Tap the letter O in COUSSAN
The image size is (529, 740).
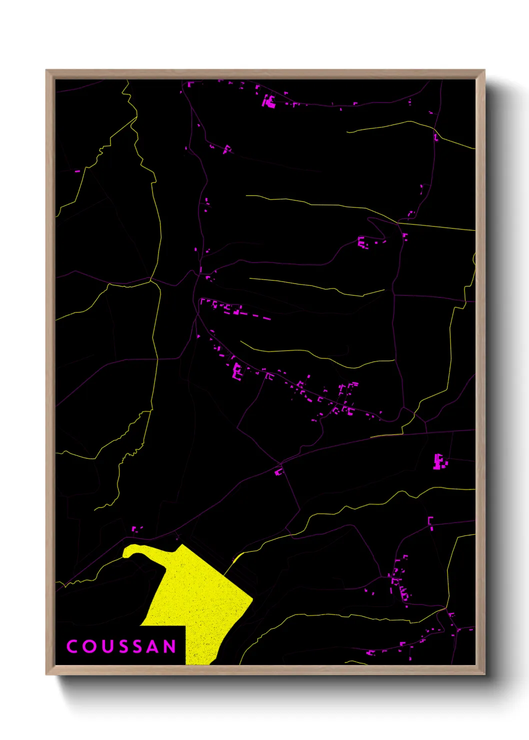(x=90, y=646)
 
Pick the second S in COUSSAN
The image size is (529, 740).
(x=140, y=646)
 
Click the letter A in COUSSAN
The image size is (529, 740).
(x=155, y=646)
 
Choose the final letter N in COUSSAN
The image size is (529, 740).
(x=170, y=646)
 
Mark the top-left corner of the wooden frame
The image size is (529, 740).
(x=46, y=70)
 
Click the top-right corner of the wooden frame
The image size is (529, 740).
(x=484, y=70)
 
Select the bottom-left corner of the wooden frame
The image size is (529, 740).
(x=46, y=674)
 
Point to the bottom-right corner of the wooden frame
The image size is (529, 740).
(x=484, y=674)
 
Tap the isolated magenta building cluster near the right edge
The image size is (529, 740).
(x=439, y=462)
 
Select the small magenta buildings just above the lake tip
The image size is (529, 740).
(x=135, y=528)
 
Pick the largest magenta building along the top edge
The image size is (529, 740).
(x=270, y=102)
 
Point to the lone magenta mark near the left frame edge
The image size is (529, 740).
(x=77, y=171)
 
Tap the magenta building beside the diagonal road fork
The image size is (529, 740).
(x=278, y=471)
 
